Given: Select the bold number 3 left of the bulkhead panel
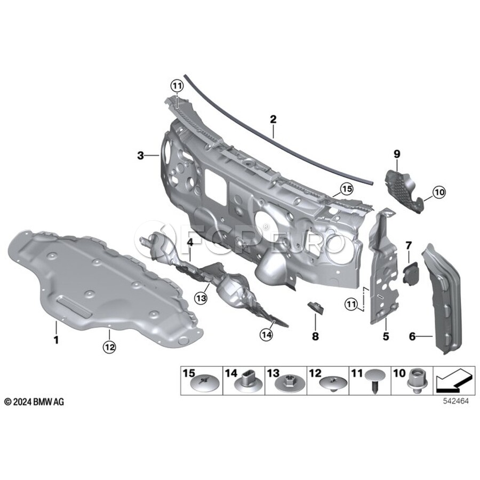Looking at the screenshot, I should [x=140, y=156].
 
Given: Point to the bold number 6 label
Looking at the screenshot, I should [x=412, y=336].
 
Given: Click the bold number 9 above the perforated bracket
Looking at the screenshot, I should [x=397, y=154].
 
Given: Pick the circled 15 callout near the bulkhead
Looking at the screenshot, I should [x=347, y=189].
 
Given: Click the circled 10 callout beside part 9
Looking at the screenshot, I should [x=438, y=192].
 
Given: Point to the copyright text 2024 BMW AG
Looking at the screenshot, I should [x=34, y=402].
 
